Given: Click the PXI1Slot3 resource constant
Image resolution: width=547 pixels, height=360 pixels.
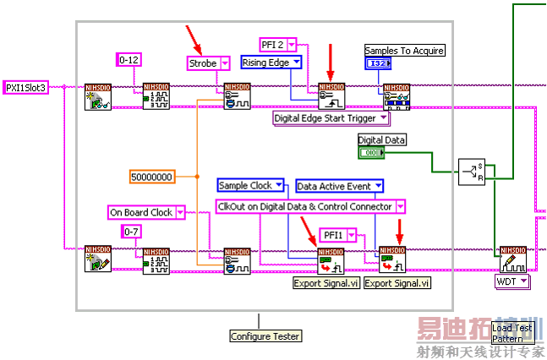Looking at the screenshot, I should (x=25, y=87).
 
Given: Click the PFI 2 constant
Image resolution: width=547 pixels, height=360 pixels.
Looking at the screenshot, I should (x=277, y=44).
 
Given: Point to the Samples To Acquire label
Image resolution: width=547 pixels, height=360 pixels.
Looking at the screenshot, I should (x=404, y=51).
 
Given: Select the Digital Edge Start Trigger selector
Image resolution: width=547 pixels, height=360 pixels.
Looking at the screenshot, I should (x=330, y=118).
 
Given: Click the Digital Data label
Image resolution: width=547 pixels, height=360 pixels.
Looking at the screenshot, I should (x=381, y=140).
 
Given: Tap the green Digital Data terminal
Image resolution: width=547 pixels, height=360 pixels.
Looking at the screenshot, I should (x=370, y=153).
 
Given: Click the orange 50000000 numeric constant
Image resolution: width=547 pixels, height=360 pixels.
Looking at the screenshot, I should (x=152, y=177).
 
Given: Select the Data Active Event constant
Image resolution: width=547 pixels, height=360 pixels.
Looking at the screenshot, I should (x=339, y=185).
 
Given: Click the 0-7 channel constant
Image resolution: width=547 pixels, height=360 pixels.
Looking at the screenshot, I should (x=132, y=232).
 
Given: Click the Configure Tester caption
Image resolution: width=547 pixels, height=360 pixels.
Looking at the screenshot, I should (x=265, y=335).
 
